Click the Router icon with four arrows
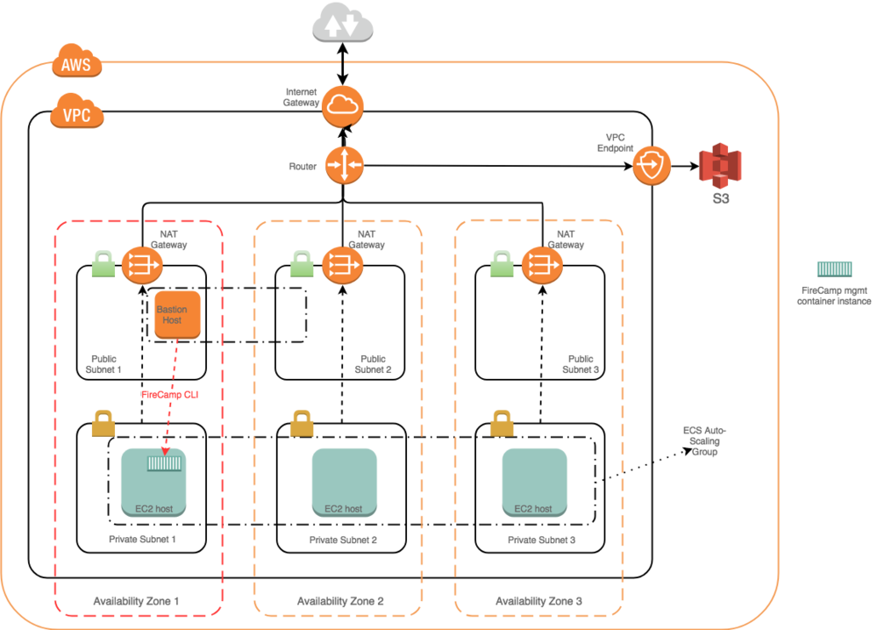[x=344, y=165]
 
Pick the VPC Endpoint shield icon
[x=652, y=165]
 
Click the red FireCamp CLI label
[x=170, y=395]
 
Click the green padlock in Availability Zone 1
[x=103, y=264]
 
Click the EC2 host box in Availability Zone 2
[x=344, y=481]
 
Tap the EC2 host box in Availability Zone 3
[x=534, y=481]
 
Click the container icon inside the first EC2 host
[x=164, y=462]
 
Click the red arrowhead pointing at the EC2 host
[x=165, y=450]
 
